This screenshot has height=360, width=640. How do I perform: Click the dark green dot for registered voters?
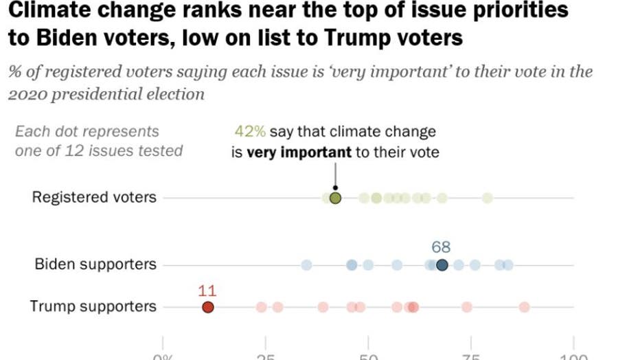pyautogui.click(x=335, y=198)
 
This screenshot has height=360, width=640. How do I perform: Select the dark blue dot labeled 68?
pyautogui.click(x=442, y=265)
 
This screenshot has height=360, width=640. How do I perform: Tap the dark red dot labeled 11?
pyautogui.click(x=207, y=307)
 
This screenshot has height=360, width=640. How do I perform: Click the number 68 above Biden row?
pyautogui.click(x=441, y=247)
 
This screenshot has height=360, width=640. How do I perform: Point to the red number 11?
pyautogui.click(x=207, y=289)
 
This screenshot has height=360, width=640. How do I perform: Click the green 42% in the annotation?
pyautogui.click(x=250, y=132)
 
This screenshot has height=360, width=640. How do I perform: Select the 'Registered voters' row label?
pyautogui.click(x=94, y=198)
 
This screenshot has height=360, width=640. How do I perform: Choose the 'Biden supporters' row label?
pyautogui.click(x=95, y=265)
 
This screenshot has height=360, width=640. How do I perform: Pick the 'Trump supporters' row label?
pyautogui.click(x=93, y=306)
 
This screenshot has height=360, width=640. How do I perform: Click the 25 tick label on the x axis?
pyautogui.click(x=265, y=356)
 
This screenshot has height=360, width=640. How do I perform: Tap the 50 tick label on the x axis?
pyautogui.click(x=368, y=356)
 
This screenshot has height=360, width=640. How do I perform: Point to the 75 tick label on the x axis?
pyautogui.click(x=470, y=356)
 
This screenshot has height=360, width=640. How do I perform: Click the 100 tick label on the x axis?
pyautogui.click(x=573, y=356)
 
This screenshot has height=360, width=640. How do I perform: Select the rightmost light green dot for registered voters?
pyautogui.click(x=487, y=198)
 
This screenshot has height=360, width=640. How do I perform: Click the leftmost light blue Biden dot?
pyautogui.click(x=306, y=265)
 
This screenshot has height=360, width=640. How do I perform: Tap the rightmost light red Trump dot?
pyautogui.click(x=524, y=307)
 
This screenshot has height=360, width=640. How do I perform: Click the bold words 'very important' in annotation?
pyautogui.click(x=299, y=152)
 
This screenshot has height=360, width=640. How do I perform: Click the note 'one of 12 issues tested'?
pyautogui.click(x=99, y=150)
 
